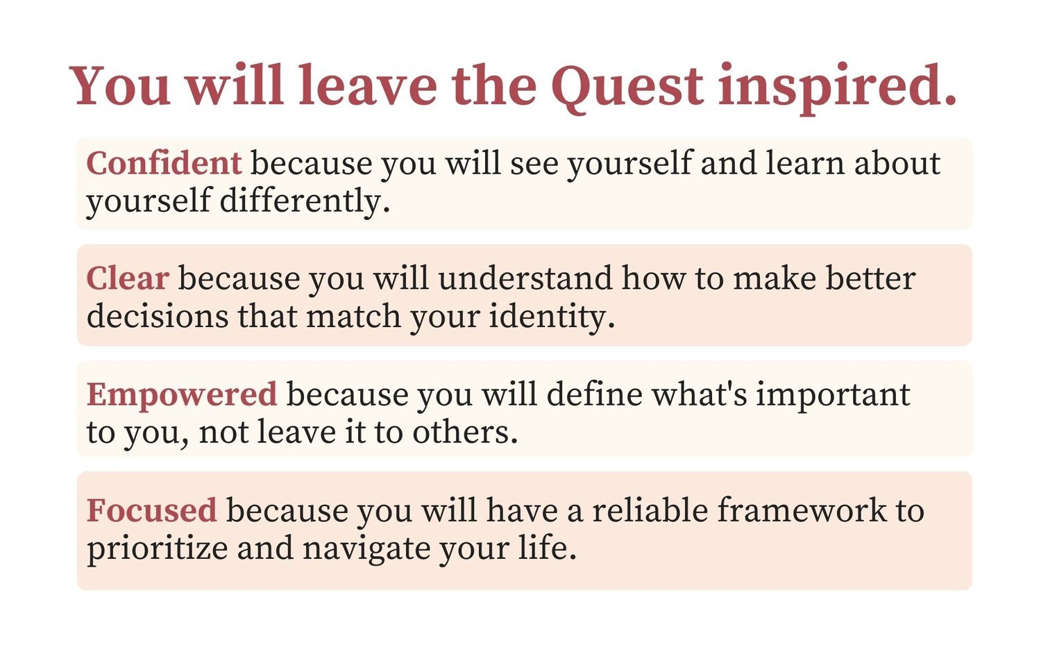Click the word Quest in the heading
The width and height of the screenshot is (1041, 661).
point(627,88)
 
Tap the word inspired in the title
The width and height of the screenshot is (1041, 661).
point(837,88)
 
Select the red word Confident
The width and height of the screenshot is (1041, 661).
point(164,163)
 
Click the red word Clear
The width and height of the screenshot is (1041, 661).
point(128,278)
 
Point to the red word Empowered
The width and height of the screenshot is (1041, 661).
point(182,396)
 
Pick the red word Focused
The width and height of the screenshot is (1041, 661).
point(151,510)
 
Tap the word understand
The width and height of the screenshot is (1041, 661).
point(525,278)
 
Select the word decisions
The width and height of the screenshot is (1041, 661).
point(158,317)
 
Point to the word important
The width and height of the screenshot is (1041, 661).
point(833,396)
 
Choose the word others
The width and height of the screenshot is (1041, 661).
point(465,433)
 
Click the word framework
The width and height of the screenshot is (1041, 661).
point(802,510)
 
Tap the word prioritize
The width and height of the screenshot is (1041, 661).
point(157,549)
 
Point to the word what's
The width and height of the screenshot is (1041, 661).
point(700,394)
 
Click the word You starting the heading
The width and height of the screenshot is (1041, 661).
point(119,87)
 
